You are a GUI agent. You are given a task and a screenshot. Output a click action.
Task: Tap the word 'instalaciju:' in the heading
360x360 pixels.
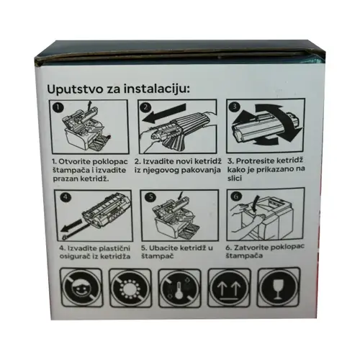pyautogui.click(x=157, y=89)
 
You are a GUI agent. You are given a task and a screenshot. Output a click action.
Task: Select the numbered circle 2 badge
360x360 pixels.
pyautogui.click(x=146, y=107)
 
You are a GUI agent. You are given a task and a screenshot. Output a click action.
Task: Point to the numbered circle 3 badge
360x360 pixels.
pyautogui.click(x=235, y=106)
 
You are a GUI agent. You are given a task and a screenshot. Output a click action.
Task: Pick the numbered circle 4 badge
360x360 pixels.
pyautogui.click(x=66, y=197)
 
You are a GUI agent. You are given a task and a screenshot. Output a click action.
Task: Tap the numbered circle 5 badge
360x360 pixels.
pyautogui.click(x=151, y=197)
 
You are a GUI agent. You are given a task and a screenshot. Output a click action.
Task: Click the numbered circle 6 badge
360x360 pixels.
pyautogui.click(x=236, y=197)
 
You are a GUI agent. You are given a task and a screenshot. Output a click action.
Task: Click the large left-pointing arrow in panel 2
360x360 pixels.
pyautogui.click(x=164, y=113)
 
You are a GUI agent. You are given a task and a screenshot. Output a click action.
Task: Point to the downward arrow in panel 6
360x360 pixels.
pyautogui.click(x=256, y=204)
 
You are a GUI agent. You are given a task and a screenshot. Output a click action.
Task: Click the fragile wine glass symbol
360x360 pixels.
pyautogui.click(x=279, y=287)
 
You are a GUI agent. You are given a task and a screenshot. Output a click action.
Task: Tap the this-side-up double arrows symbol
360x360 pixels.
pyautogui.click(x=229, y=287)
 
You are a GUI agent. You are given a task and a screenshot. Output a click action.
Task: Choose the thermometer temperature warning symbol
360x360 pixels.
pyautogui.click(x=179, y=288)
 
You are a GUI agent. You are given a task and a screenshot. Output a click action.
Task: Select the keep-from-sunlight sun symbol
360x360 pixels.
pyautogui.click(x=130, y=288)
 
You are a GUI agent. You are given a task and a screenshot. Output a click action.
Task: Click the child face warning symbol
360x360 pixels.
pyautogui.click(x=81, y=288)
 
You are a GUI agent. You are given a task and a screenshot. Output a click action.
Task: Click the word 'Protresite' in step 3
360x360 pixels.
pyautogui.click(x=255, y=161)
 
